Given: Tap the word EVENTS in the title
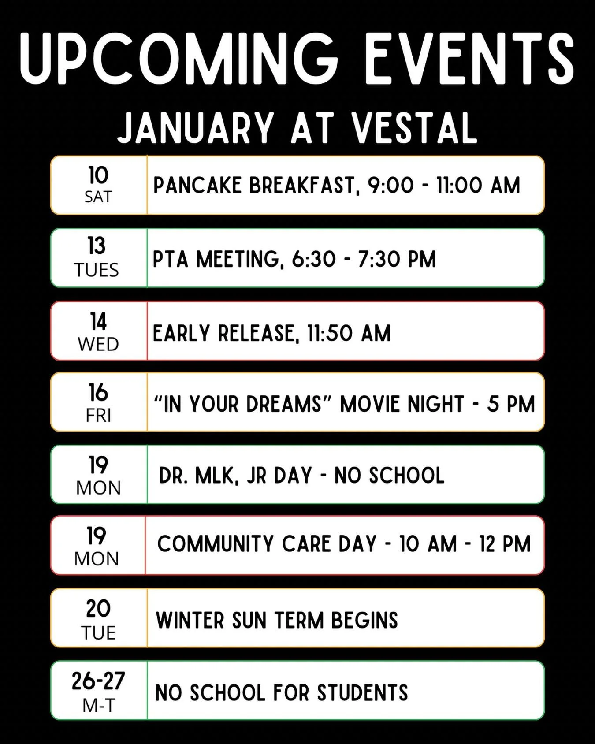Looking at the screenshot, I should [x=469, y=55].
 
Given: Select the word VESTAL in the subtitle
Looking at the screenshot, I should [x=414, y=128].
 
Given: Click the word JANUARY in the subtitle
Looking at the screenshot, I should [x=196, y=128].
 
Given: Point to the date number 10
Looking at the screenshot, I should [x=98, y=175].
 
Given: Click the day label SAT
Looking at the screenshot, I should [x=98, y=197].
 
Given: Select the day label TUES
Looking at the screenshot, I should [x=97, y=270].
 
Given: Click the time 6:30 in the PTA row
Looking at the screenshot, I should [x=313, y=259].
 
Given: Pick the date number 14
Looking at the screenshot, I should [x=98, y=322].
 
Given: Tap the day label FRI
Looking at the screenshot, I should [x=98, y=416].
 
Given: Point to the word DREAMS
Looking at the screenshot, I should [x=284, y=404].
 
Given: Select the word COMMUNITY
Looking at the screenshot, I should [x=215, y=544].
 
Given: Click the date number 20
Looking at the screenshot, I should [x=98, y=609].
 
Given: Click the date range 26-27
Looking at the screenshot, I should [x=98, y=681].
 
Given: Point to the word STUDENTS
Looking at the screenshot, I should [x=362, y=693].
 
